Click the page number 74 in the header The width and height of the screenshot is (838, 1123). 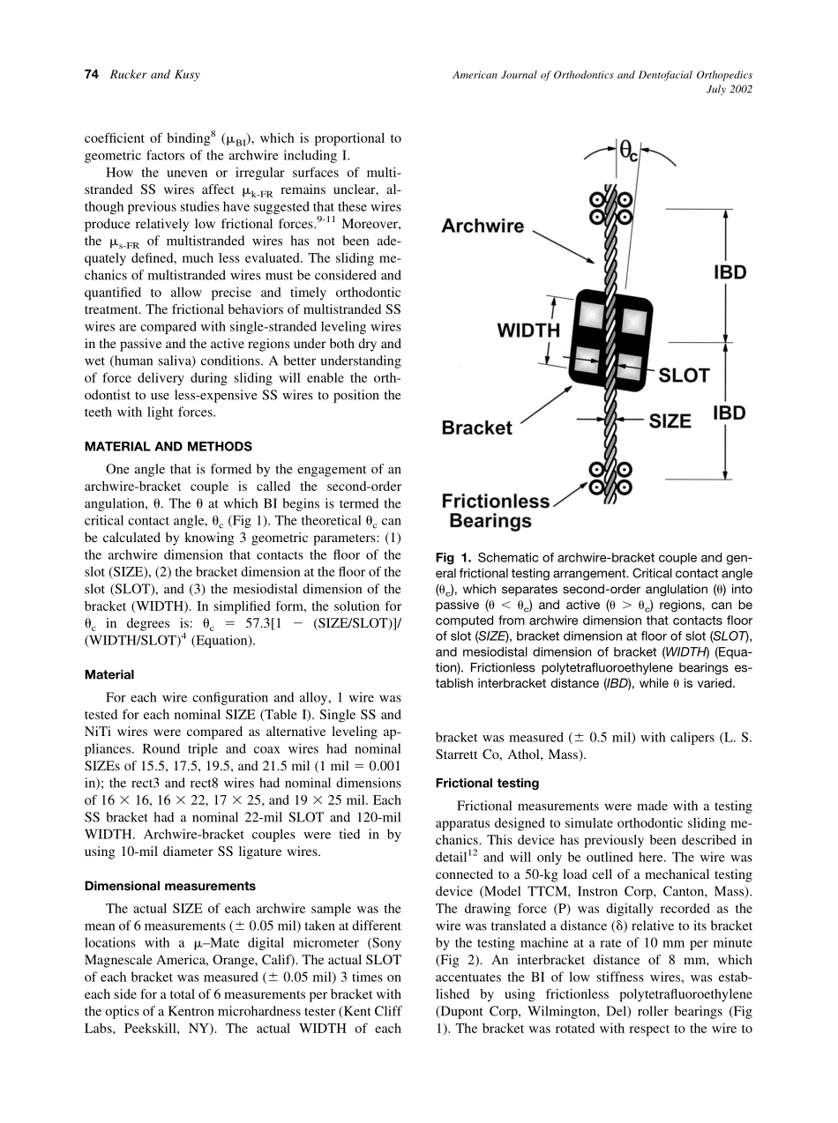tap(90, 75)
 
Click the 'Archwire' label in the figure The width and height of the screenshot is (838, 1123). tap(483, 227)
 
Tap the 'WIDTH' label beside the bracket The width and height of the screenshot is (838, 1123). tap(529, 331)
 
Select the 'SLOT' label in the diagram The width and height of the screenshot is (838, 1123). tap(685, 376)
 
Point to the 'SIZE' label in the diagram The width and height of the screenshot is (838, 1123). tap(670, 421)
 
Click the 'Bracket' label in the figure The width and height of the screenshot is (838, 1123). tap(476, 428)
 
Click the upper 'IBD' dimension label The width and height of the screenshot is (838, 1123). tap(730, 272)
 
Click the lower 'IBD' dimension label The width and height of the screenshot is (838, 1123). tap(730, 413)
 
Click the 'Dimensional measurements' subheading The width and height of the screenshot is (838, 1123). tap(169, 886)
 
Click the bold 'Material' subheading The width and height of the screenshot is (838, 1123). tap(109, 674)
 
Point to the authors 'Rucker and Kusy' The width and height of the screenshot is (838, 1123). tap(154, 75)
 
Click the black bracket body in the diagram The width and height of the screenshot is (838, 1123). tap(609, 334)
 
